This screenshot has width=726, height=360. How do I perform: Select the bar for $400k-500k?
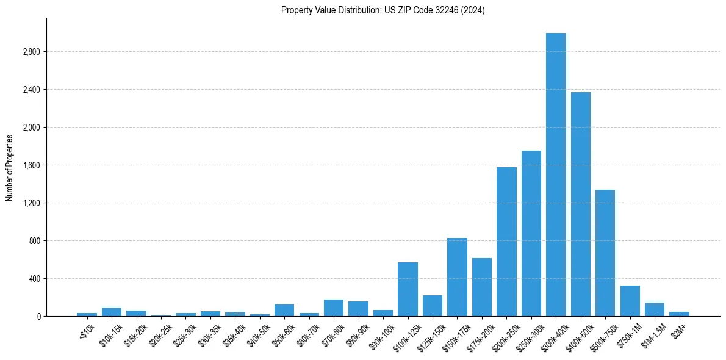[581, 204]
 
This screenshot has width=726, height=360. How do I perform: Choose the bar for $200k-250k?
[506, 242]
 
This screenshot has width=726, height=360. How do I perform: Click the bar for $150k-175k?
[457, 277]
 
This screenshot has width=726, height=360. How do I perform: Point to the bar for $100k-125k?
[408, 289]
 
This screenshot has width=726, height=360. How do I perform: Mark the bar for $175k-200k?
[482, 287]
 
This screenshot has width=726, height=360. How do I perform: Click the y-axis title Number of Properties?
[9, 167]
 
